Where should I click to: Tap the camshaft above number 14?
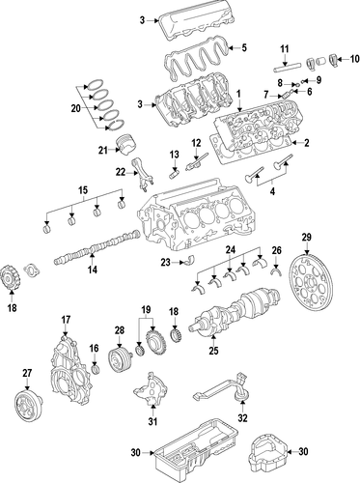(97, 248)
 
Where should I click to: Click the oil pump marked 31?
(151, 389)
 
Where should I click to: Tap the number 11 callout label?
(285, 49)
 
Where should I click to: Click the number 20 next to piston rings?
(75, 108)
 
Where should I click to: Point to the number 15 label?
(83, 190)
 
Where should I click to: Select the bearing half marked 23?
(191, 261)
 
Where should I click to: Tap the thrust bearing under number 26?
(276, 271)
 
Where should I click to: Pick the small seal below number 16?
(96, 370)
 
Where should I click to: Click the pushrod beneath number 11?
(287, 69)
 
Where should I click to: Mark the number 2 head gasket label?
(307, 143)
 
